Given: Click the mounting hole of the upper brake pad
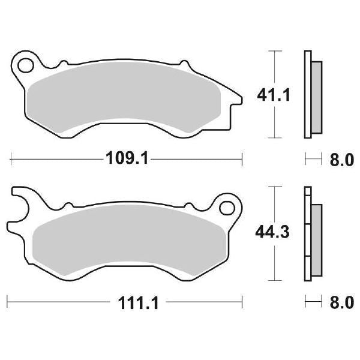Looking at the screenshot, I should pyautogui.click(x=25, y=62).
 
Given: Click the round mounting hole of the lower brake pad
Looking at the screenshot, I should pyautogui.click(x=227, y=208).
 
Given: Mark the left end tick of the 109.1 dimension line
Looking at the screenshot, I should pyautogui.click(x=11, y=159).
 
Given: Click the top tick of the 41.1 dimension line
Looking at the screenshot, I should pyautogui.click(x=275, y=52).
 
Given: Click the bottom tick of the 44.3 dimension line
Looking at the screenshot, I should pyautogui.click(x=275, y=280).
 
